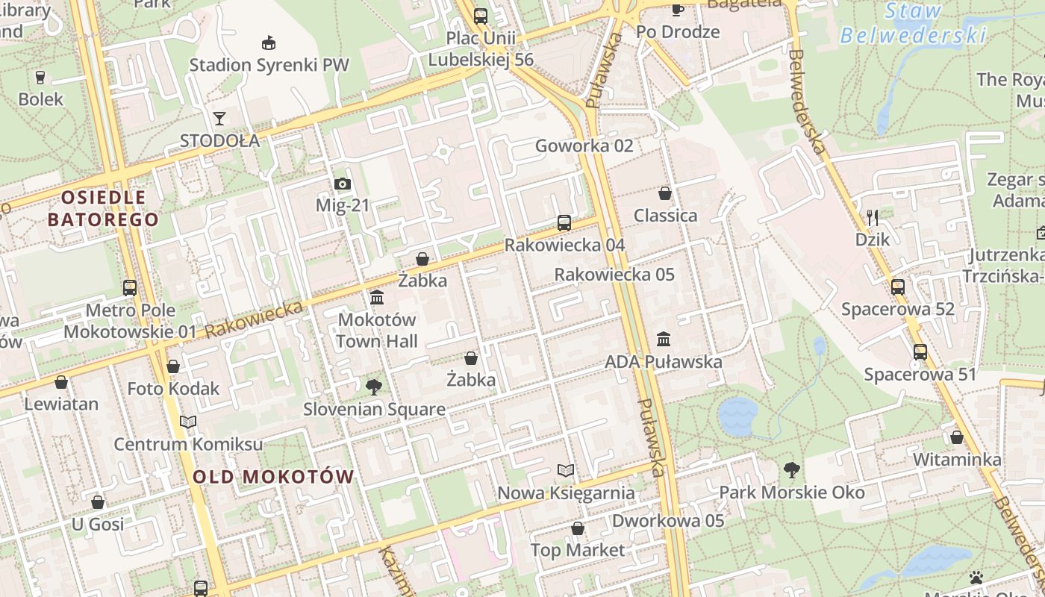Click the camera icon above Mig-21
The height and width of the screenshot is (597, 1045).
pos(342,184)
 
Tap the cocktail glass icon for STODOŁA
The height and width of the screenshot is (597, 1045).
pos(219,119)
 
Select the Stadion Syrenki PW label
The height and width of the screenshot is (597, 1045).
pos(269,65)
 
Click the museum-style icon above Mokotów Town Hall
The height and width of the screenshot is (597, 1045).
pos(377,298)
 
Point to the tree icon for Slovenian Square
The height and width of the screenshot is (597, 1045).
pos(374,387)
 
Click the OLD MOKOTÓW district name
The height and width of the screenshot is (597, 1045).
pos(273,477)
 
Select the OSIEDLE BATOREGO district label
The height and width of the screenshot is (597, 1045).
pos(103,208)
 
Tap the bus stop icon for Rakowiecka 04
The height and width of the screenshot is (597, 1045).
pos(564,222)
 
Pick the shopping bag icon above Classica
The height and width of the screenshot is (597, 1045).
pos(665,194)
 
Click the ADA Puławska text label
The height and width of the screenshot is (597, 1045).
pos(664,362)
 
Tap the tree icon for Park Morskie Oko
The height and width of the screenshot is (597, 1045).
pos(792,470)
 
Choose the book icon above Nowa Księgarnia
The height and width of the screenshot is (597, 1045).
pos(567,471)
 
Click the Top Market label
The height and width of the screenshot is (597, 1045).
pos(577,550)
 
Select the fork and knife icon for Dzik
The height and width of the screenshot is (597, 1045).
pos(872,217)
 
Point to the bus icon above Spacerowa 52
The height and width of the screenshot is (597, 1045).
pos(898,287)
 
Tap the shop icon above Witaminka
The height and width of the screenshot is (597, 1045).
pos(957,437)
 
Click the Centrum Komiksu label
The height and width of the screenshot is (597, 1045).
pos(188,444)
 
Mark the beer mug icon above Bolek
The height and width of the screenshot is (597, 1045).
pos(40,77)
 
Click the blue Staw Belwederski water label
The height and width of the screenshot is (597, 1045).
pos(913,24)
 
